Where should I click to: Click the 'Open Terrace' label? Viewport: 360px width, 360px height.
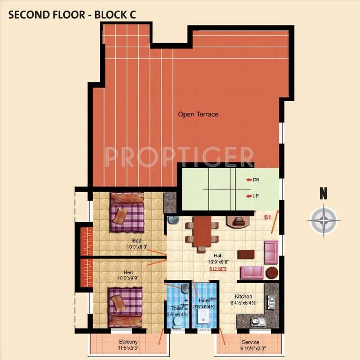pos(198,114)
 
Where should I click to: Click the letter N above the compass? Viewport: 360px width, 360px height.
pos(323,194)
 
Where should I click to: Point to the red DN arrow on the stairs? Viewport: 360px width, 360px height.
pos(248,180)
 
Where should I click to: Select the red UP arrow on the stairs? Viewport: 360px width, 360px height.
pos(248,195)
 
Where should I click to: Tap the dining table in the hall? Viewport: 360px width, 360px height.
pos(202,231)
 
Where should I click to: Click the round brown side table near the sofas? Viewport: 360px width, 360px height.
pos(272,272)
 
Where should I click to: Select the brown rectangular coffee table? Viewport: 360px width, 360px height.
pos(246,255)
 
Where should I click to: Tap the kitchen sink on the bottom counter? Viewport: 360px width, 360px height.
pos(258,322)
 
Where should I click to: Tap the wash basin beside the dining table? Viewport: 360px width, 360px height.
pos(172,220)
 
